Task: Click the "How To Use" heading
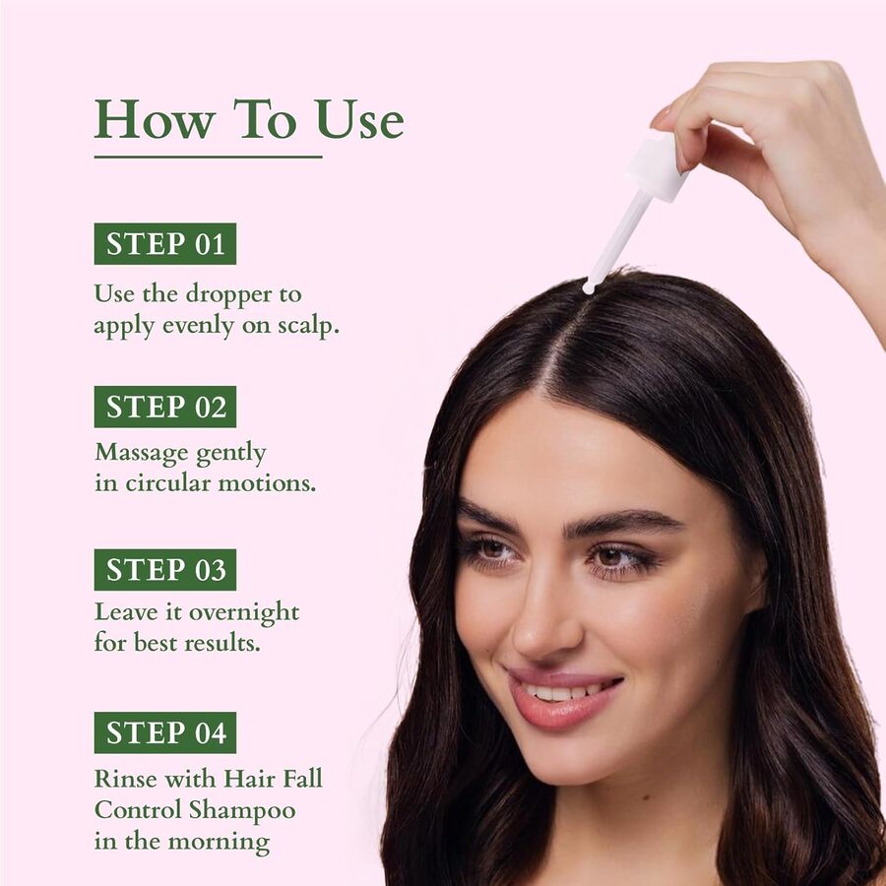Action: coord(248,120)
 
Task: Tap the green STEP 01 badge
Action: coord(165,244)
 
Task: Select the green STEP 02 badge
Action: coord(165,407)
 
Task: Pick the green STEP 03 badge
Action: coord(165,570)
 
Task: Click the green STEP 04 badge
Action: coord(165,733)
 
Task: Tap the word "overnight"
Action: coord(243,612)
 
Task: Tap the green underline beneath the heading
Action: coord(208,156)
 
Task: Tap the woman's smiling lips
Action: coord(561,695)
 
